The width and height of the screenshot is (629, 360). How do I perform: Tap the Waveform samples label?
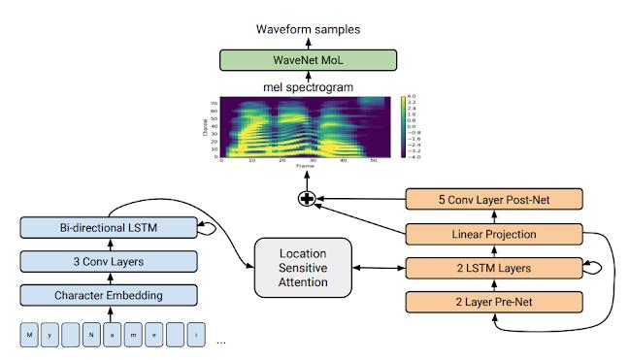[x=308, y=29]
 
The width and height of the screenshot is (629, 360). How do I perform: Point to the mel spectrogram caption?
[x=308, y=88]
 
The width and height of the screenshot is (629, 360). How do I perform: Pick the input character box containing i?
[x=199, y=336]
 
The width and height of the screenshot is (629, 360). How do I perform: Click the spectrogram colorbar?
[x=401, y=127]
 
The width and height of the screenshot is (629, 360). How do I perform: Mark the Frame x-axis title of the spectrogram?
[x=305, y=167]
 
